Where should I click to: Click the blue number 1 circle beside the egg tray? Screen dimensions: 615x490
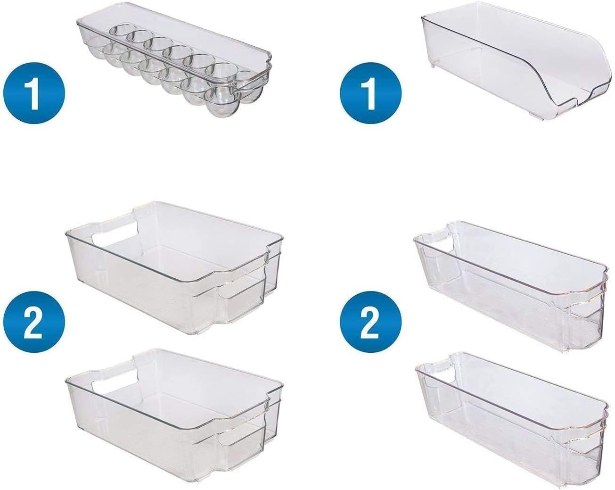(x=34, y=93)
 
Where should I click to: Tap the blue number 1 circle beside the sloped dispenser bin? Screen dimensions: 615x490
(x=371, y=93)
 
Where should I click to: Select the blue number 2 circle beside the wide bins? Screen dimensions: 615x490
(x=34, y=323)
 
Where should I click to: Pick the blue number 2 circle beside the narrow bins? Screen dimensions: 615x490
(x=371, y=323)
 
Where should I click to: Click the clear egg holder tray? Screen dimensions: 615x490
(x=174, y=66)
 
